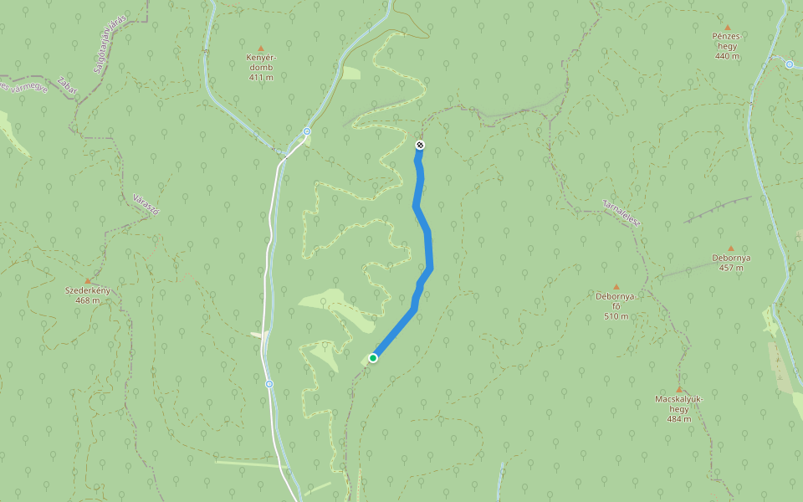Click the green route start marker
click(x=373, y=358)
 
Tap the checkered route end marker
click(x=420, y=146)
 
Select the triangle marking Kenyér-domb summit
click(x=261, y=49)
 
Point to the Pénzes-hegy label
click(x=727, y=41)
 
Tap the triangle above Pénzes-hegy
click(x=728, y=28)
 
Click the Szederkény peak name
click(x=88, y=290)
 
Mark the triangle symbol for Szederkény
click(x=88, y=280)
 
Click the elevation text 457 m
click(x=731, y=268)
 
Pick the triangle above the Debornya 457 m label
click(x=731, y=248)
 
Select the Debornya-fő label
click(x=616, y=300)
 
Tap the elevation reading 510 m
click(x=616, y=316)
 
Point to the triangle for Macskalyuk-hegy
click(x=679, y=389)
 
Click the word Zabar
click(x=67, y=86)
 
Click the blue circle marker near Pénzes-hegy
click(x=789, y=64)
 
